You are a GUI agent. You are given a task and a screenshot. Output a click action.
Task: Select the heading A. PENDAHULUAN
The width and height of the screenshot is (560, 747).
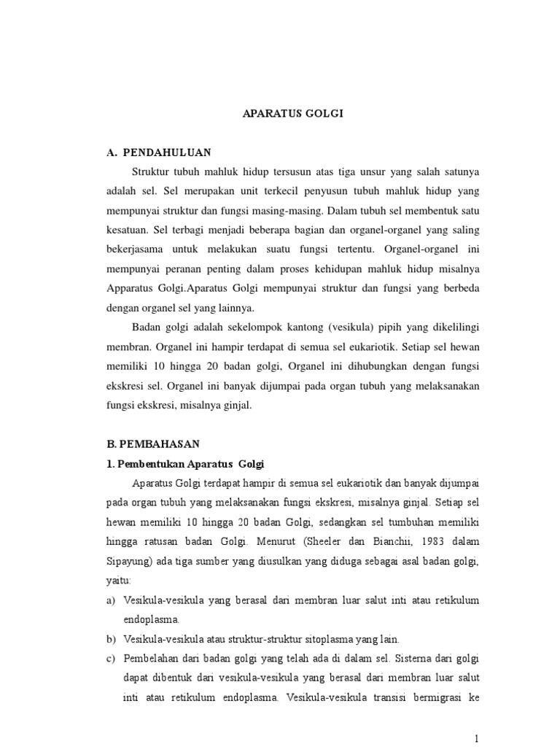(159, 152)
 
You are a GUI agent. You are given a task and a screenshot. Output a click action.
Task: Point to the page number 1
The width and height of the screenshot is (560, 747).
(475, 737)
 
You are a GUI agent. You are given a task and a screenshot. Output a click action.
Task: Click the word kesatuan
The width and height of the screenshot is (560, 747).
(126, 229)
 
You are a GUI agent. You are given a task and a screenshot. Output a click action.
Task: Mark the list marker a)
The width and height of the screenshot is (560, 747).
(111, 600)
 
